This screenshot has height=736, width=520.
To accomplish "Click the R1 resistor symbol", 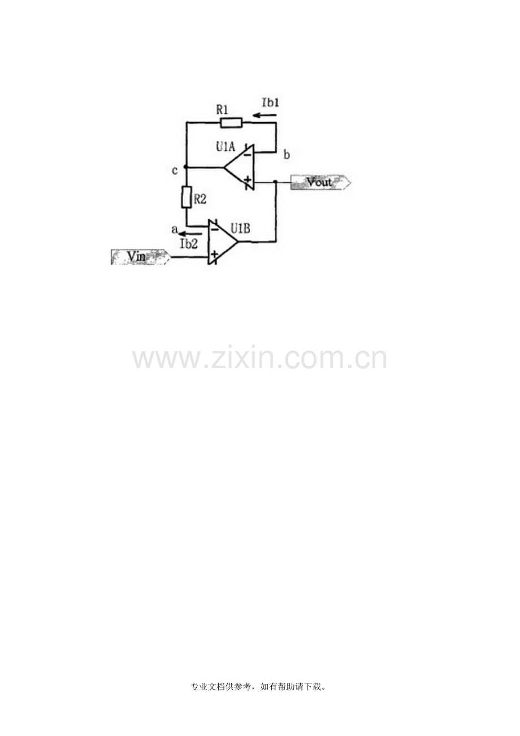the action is (232, 123).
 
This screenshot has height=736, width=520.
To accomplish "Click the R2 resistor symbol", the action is (187, 197).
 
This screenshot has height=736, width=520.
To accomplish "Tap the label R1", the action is (222, 110).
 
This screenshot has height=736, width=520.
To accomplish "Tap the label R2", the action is (200, 199).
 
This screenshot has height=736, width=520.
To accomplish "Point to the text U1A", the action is (226, 146).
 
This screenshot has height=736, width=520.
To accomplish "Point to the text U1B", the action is (240, 228).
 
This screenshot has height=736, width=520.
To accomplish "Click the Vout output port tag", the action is (320, 183).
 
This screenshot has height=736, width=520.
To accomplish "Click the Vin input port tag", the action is (141, 257).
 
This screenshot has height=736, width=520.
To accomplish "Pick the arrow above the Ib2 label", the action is (190, 234).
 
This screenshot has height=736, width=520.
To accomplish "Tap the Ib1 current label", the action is (270, 102).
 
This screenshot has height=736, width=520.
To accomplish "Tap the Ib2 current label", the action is (189, 244).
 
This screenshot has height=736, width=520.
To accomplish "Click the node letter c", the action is (175, 171).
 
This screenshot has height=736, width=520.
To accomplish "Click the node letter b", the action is (287, 155).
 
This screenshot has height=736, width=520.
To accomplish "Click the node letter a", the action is (175, 229).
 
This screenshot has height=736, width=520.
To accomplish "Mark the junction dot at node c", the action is (186, 167).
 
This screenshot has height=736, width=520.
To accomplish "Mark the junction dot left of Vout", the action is (275, 181).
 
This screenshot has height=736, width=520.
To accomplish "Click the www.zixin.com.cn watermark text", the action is (259, 358).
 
